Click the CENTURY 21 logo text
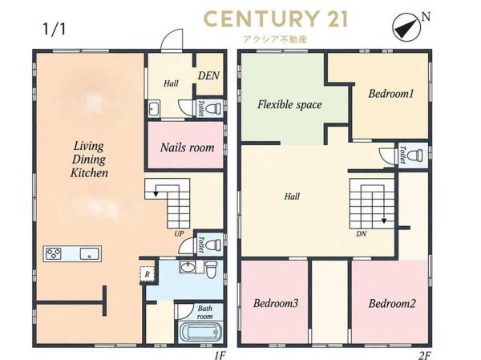(x=276, y=18)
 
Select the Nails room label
(x=187, y=148)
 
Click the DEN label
(x=208, y=75)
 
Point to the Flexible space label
(x=289, y=105)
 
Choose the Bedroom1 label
(x=391, y=93)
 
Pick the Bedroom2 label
(x=392, y=304)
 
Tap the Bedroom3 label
(x=276, y=303)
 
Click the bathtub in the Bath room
(x=200, y=333)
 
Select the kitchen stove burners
(x=54, y=254)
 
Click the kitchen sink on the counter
(x=90, y=254)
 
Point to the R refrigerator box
(x=147, y=274)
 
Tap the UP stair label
(x=179, y=234)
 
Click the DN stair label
(x=362, y=234)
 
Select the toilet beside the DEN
(x=212, y=108)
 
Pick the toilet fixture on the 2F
(x=418, y=155)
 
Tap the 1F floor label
(x=220, y=355)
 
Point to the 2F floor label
(x=424, y=355)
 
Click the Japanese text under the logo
(x=275, y=39)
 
